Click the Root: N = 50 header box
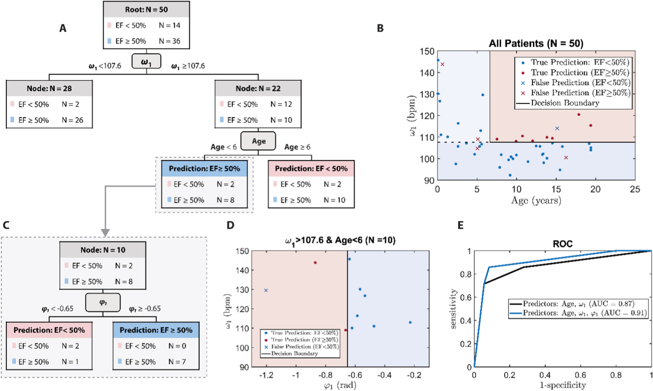(x=146, y=10)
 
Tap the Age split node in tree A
(x=258, y=141)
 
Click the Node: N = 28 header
(x=49, y=89)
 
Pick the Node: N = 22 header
(x=258, y=89)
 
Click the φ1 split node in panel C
(x=103, y=303)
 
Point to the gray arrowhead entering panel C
(x=105, y=232)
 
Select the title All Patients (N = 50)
(x=536, y=43)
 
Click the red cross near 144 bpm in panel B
(x=442, y=64)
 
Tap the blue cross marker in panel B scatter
(x=557, y=129)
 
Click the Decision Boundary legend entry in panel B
(x=565, y=103)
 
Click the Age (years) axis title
(x=536, y=200)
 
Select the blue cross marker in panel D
(x=266, y=290)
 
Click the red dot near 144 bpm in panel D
(x=315, y=262)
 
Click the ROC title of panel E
(x=562, y=244)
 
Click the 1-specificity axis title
(x=562, y=385)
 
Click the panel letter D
(x=230, y=225)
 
